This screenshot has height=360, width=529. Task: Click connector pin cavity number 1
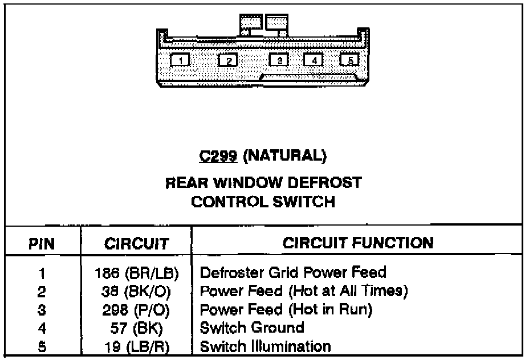[180, 60]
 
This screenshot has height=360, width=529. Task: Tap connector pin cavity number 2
[227, 60]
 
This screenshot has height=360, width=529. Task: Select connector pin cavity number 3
[279, 59]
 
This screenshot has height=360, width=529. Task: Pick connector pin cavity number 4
[314, 59]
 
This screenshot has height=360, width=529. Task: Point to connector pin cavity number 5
[349, 59]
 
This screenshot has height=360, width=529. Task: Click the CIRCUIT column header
[137, 244]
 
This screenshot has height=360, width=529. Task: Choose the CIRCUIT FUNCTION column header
[358, 243]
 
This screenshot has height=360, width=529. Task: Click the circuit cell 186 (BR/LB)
[137, 273]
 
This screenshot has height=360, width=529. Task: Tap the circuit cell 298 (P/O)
[137, 310]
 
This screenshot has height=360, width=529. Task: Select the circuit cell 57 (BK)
[137, 328]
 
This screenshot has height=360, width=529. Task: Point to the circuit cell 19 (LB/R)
[137, 346]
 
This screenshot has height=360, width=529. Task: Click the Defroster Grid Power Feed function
[293, 272]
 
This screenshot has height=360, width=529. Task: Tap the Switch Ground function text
[251, 328]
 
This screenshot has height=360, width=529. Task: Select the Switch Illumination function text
[265, 346]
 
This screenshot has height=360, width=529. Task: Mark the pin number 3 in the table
[42, 310]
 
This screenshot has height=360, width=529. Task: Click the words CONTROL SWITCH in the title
[263, 202]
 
